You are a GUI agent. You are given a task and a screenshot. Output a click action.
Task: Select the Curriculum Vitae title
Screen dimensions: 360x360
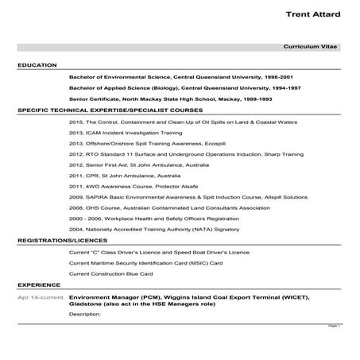tap(317, 48)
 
